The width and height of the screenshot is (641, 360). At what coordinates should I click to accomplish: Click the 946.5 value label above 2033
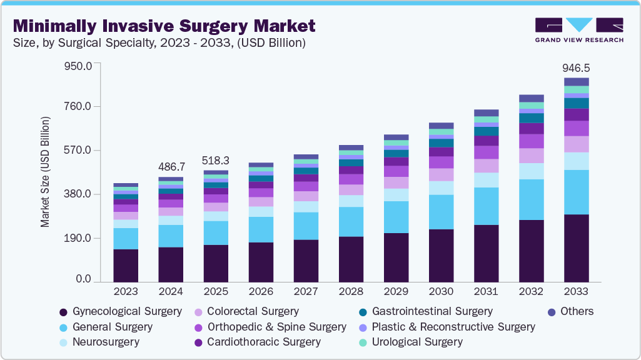point(575,67)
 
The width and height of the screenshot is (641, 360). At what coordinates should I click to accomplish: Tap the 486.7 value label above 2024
point(171,167)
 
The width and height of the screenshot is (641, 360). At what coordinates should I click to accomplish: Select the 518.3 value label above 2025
point(216,161)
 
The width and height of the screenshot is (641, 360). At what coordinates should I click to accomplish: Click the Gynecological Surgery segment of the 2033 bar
point(576,248)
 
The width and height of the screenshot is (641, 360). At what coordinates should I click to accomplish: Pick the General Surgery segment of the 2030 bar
point(441,212)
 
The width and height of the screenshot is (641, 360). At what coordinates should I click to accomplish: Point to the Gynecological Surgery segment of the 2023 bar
point(126,266)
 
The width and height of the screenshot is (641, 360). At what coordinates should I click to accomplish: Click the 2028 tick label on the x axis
point(351,292)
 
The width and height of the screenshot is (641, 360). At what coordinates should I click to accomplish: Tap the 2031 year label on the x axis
point(486,292)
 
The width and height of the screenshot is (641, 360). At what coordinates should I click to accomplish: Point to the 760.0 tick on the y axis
point(79,106)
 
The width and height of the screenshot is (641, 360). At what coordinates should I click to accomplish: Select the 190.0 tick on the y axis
point(79,238)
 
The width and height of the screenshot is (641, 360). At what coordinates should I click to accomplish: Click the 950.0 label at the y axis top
point(79,65)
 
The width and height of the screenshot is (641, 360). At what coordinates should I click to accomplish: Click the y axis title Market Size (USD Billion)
point(45,171)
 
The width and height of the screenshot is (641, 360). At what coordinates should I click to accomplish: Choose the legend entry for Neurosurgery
point(105,342)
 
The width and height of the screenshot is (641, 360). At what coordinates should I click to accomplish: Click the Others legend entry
point(577,311)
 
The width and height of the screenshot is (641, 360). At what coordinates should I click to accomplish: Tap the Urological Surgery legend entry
point(416,342)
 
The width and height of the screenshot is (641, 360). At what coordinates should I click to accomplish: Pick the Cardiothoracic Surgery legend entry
point(263,342)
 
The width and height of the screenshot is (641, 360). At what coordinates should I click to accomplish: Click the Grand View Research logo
point(578,30)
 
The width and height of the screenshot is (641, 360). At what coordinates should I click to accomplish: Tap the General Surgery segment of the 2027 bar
point(306,226)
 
